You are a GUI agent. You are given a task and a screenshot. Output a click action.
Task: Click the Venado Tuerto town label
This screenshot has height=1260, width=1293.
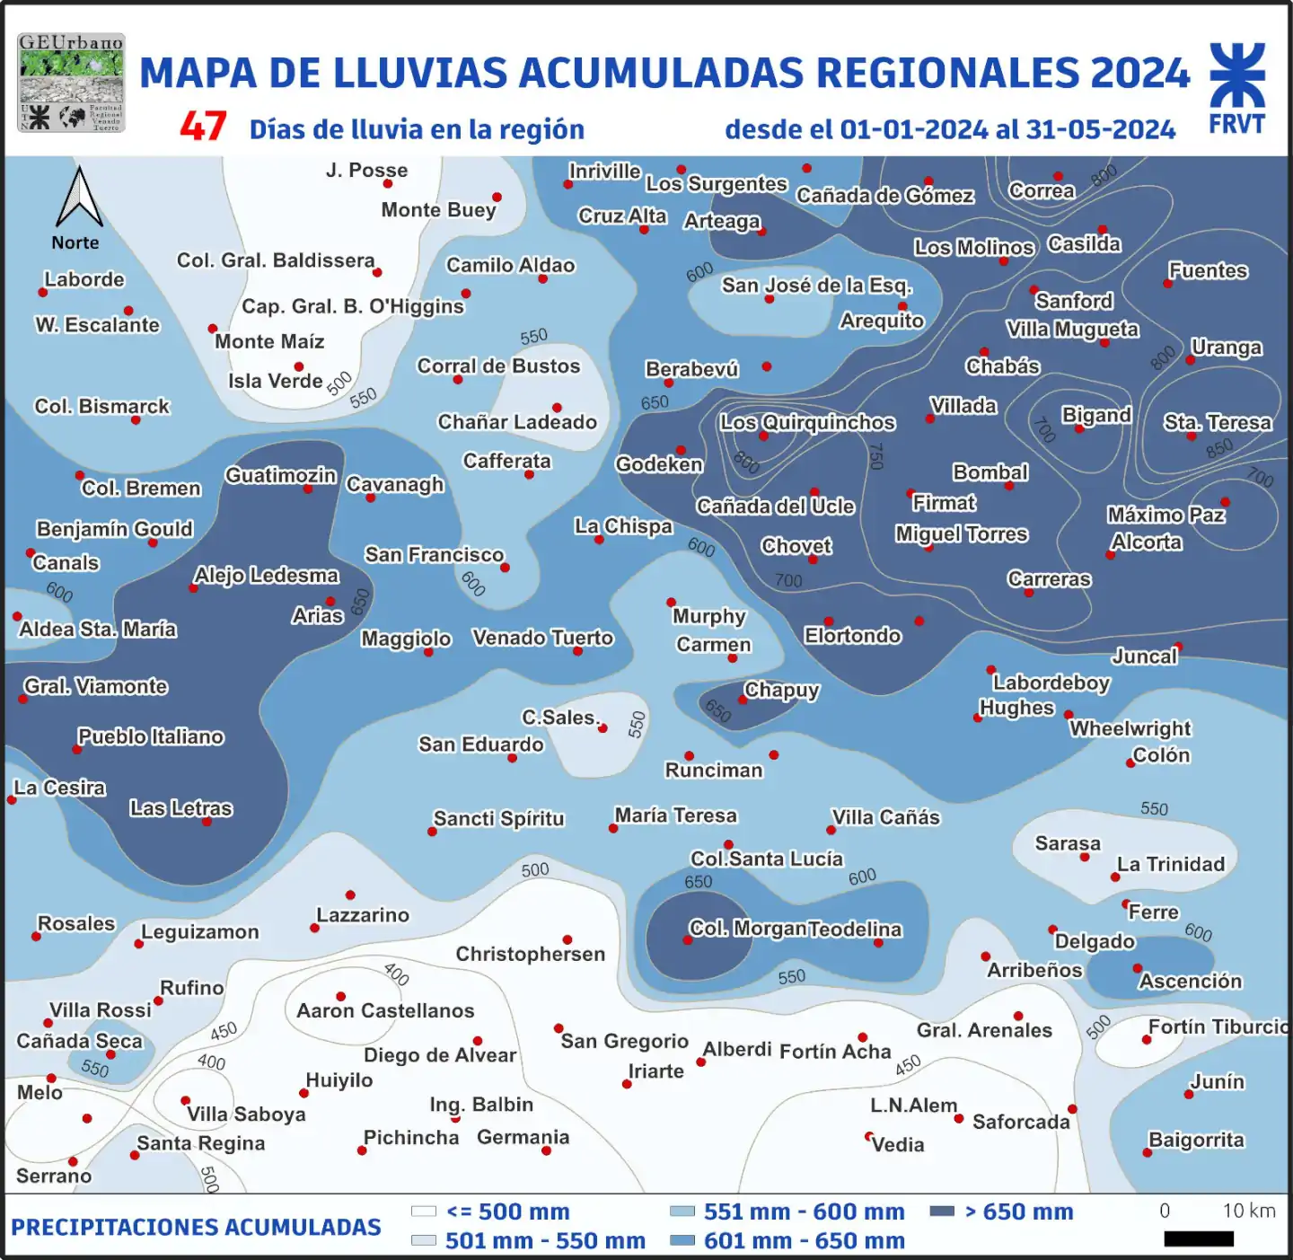pyautogui.click(x=542, y=638)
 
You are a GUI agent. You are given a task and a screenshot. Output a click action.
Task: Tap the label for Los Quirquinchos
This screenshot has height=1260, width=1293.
pyautogui.click(x=807, y=422)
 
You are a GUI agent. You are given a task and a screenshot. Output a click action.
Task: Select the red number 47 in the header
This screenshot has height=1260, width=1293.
pyautogui.click(x=203, y=127)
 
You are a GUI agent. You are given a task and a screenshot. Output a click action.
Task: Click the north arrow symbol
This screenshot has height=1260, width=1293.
pyautogui.click(x=79, y=198)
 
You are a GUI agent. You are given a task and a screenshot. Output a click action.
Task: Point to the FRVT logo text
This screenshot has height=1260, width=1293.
pyautogui.click(x=1236, y=124)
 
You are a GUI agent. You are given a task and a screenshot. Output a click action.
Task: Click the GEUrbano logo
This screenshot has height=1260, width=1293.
pyautogui.click(x=71, y=83)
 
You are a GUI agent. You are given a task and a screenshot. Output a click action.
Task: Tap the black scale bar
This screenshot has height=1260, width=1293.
pyautogui.click(x=1199, y=1238)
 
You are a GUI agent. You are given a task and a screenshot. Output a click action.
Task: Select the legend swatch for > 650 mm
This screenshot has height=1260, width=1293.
pyautogui.click(x=942, y=1212)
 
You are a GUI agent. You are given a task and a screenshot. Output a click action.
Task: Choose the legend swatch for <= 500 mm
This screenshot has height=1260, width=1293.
pyautogui.click(x=423, y=1212)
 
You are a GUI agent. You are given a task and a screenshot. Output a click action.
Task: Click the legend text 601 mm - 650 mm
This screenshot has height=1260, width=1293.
pyautogui.click(x=804, y=1240)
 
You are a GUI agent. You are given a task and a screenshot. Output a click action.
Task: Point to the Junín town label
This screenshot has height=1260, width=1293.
pyautogui.click(x=1217, y=1081)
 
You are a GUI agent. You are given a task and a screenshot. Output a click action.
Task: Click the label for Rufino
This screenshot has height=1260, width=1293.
pyautogui.click(x=191, y=988)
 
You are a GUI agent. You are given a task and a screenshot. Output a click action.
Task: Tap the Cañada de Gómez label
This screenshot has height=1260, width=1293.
pyautogui.click(x=884, y=195)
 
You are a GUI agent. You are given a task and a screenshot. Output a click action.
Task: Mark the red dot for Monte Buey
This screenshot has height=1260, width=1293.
pyautogui.click(x=497, y=197)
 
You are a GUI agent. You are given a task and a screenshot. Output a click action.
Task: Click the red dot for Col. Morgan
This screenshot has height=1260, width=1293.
pyautogui.click(x=687, y=940)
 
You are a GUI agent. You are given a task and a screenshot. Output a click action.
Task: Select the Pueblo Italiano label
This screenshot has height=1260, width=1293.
pyautogui.click(x=151, y=736)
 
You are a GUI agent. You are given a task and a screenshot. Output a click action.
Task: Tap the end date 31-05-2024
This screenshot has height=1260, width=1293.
pyautogui.click(x=1100, y=130)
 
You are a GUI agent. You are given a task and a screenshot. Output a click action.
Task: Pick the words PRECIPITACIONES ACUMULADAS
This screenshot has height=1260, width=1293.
pyautogui.click(x=196, y=1227)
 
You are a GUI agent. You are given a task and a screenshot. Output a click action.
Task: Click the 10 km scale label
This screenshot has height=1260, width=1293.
pyautogui.click(x=1248, y=1211)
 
